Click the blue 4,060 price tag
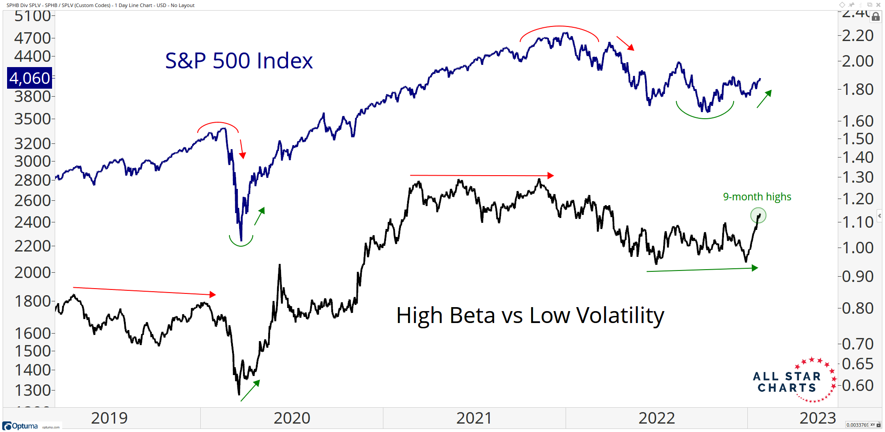[30, 78]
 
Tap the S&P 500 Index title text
[239, 61]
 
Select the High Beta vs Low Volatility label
[530, 316]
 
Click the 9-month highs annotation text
[757, 197]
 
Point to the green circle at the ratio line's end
[758, 215]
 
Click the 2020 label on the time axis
[292, 418]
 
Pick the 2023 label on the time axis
[817, 418]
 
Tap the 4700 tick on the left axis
[33, 38]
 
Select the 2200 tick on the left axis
[33, 246]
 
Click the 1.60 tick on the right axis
[858, 121]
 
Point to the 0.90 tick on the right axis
[858, 277]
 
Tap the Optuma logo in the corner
[21, 426]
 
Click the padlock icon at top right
[876, 17]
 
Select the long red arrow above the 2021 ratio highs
[481, 176]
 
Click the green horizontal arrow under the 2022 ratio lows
[701, 269]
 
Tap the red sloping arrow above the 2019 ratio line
[144, 291]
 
